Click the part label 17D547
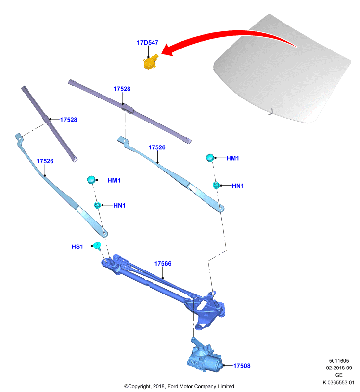(x=147, y=43)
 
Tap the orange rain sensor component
(x=151, y=62)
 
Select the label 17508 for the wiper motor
(x=242, y=366)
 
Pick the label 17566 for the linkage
(x=163, y=264)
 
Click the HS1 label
(x=77, y=247)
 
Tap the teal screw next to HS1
(x=97, y=246)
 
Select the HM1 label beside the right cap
(x=232, y=158)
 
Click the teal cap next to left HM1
(x=91, y=179)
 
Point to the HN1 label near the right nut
(x=238, y=186)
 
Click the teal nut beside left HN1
(x=97, y=205)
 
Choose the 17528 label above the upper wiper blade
(x=122, y=89)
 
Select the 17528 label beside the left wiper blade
(x=69, y=120)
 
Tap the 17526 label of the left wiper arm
(x=45, y=161)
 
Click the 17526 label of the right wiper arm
(x=157, y=147)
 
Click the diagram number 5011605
(x=339, y=361)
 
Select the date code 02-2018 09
(x=339, y=368)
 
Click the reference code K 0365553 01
(x=338, y=382)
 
